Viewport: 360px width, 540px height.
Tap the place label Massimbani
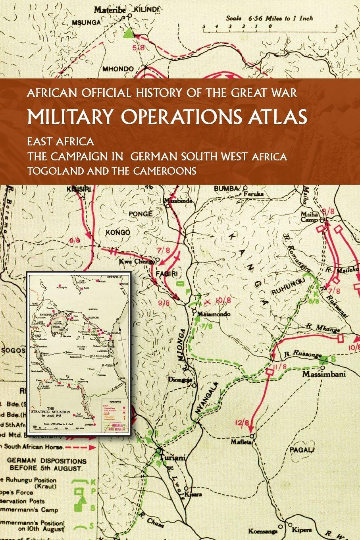(x=324, y=374)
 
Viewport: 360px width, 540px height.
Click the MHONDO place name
(x=118, y=69)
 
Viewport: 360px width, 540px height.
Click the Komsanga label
(x=261, y=531)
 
